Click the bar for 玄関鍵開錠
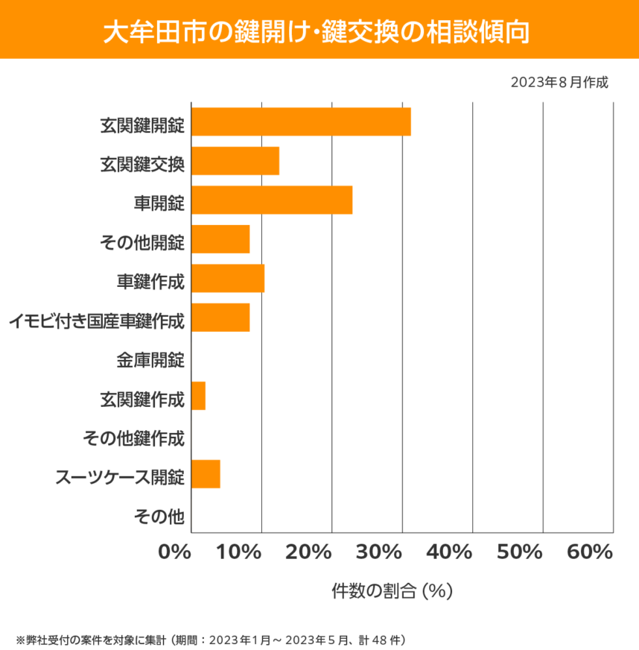tap(301, 122)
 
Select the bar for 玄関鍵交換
tap(235, 161)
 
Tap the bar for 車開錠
tap(272, 200)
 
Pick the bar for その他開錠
tap(220, 239)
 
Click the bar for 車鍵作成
tap(228, 278)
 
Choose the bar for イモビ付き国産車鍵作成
tap(220, 318)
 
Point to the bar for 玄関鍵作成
tap(199, 395)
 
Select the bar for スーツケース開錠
tap(206, 474)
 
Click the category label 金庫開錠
tap(150, 361)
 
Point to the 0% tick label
tap(175, 552)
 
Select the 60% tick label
tap(590, 552)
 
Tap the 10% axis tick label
tap(241, 552)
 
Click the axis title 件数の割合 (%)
tap(392, 591)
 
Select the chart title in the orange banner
tap(319, 31)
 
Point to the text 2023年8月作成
tap(559, 82)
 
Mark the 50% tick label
tap(520, 552)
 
